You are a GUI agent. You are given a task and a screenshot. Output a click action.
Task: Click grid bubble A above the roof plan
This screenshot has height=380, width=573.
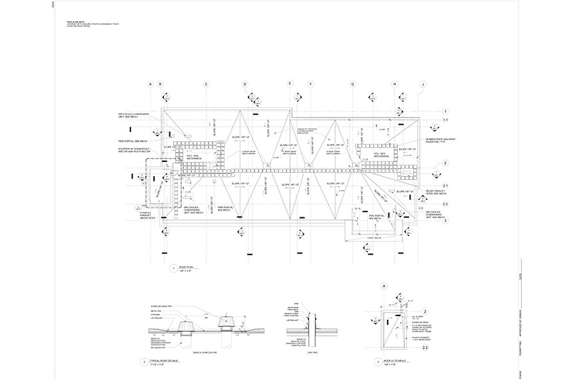click(x=151, y=84)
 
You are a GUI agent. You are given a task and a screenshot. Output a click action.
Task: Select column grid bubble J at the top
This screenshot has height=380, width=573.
click(x=422, y=84)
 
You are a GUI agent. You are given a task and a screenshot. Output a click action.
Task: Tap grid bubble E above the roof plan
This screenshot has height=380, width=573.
click(x=290, y=83)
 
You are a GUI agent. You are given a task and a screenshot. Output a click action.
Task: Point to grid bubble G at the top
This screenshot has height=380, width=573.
click(x=352, y=84)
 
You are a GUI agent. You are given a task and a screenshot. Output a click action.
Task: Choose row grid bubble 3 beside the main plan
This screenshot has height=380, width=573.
click(x=445, y=220)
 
